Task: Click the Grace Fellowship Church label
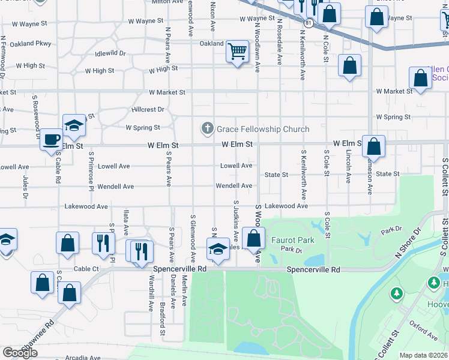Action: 263,129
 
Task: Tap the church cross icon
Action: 207,128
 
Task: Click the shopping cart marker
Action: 238,52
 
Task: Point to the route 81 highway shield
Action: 309,22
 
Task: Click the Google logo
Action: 20,353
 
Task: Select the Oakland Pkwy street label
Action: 27,43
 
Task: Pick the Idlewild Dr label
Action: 110,53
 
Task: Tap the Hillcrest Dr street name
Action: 148,110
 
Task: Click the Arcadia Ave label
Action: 83,356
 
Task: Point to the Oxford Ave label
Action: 423,330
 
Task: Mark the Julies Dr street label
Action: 25,187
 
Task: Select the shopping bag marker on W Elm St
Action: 373,146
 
